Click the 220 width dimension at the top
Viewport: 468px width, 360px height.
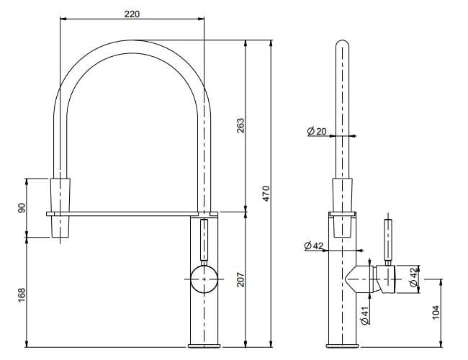coord(132,14)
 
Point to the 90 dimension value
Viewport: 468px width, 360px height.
coord(22,207)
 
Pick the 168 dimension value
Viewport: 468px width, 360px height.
coord(22,294)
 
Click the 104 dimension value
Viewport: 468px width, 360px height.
coord(434,312)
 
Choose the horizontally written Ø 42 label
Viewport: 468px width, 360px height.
coord(314,246)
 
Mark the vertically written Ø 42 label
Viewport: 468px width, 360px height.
coord(413,278)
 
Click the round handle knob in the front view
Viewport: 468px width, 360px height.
coord(204,277)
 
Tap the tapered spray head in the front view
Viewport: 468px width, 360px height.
coord(60,207)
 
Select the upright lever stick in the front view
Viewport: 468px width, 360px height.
coord(204,241)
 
